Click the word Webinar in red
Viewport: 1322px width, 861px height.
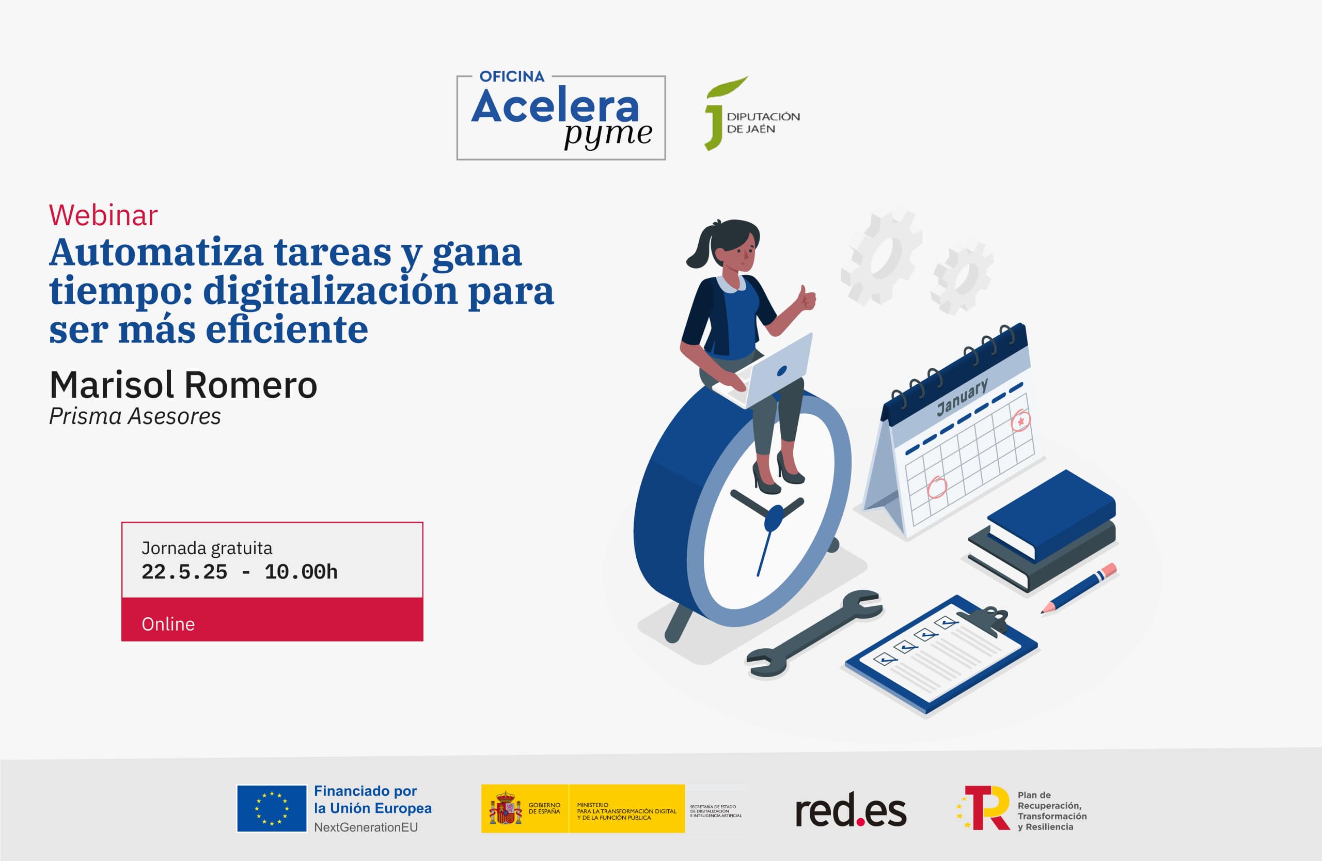103,215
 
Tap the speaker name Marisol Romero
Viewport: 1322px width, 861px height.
183,385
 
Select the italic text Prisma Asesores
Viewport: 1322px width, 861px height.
135,417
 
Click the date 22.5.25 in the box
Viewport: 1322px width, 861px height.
184,572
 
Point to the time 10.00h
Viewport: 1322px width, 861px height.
301,572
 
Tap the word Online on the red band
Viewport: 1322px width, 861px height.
168,624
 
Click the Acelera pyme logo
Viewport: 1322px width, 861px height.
561,118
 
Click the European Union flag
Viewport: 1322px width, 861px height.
272,808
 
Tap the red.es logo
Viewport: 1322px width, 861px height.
851,811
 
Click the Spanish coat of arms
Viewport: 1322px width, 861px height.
505,809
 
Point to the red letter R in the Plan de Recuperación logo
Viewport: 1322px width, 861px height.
991,809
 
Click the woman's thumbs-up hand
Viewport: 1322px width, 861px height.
806,299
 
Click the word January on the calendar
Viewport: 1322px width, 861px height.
962,397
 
